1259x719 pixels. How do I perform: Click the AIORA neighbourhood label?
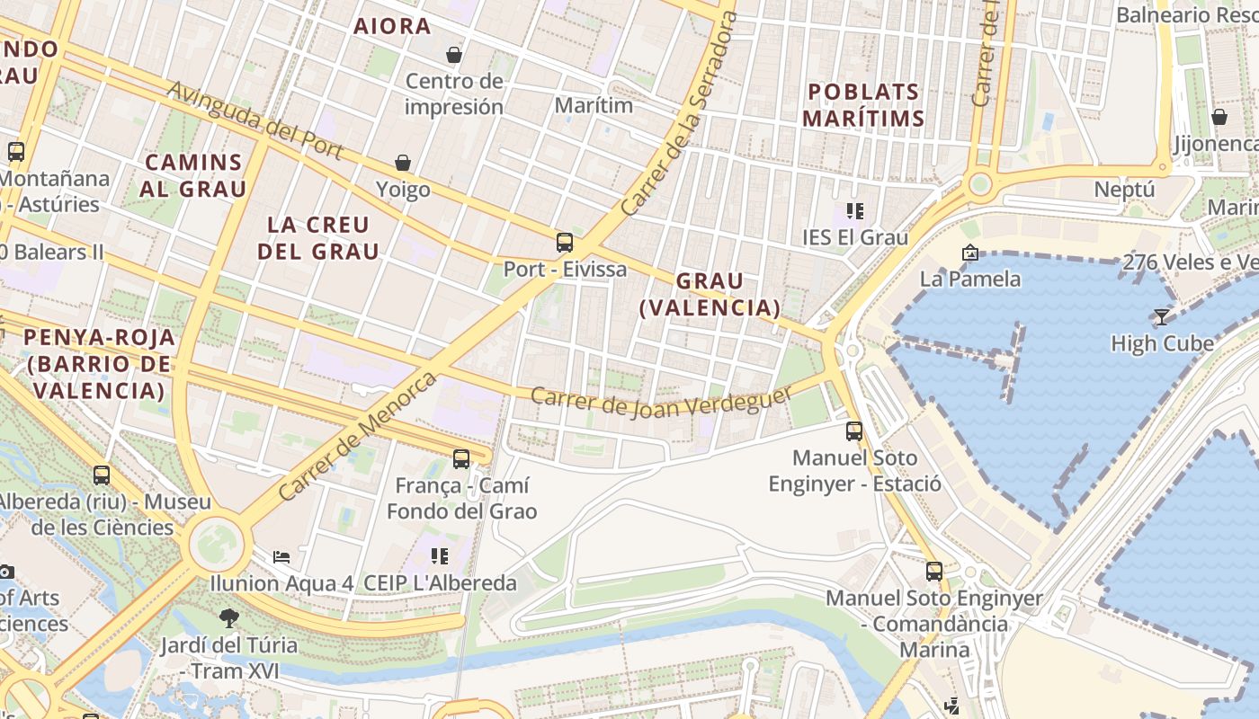click(392, 26)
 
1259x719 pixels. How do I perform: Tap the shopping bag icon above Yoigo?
click(403, 163)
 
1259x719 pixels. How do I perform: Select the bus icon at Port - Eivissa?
click(564, 242)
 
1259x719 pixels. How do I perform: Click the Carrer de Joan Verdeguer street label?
click(662, 400)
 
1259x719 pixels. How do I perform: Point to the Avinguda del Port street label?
click(255, 121)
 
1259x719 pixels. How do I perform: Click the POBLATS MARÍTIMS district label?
click(863, 104)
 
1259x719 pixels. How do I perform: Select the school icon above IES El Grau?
click(854, 211)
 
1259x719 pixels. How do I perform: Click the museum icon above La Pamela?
click(969, 253)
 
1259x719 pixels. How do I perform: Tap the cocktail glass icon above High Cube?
click(1161, 316)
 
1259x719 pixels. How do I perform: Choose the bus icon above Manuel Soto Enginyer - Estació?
click(854, 431)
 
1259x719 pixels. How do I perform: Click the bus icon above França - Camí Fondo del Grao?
click(461, 458)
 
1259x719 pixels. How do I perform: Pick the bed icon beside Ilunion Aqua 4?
click(281, 557)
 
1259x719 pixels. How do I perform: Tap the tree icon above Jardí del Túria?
click(229, 617)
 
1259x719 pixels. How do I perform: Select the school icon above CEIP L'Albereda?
click(440, 555)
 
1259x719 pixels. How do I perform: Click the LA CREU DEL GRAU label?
click(318, 237)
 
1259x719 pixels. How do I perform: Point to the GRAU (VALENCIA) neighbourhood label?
click(710, 294)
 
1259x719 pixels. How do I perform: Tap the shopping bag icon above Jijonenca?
click(1219, 117)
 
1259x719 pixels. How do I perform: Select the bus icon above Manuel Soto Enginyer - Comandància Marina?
click(934, 571)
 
